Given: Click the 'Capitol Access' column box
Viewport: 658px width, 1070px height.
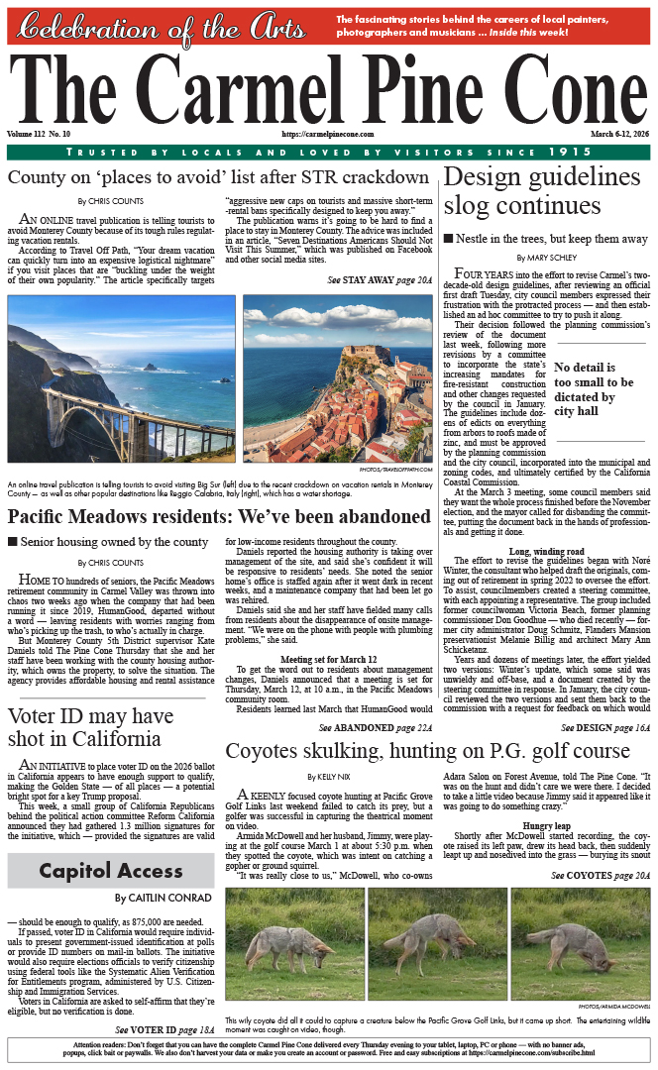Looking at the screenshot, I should [x=111, y=872].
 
